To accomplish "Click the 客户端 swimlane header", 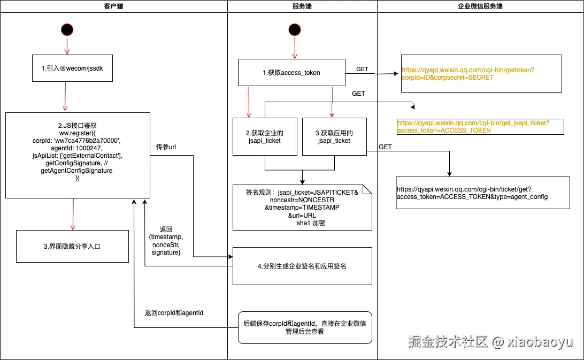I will click(113, 6).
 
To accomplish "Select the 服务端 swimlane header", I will click(302, 6).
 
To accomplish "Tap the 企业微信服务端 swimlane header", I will click(480, 6).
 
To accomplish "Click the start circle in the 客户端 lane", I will click(67, 30).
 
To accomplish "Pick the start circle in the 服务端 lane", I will click(294, 30).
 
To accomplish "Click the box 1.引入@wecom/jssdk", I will click(72, 68).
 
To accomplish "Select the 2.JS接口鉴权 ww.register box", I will click(78, 155).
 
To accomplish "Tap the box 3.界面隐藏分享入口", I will click(72, 246).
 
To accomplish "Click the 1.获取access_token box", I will click(291, 73).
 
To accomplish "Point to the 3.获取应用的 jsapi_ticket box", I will click(334, 136).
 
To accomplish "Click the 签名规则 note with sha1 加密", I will click(302, 207).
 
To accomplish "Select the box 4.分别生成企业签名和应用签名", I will click(302, 266).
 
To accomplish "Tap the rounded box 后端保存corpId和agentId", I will click(304, 327).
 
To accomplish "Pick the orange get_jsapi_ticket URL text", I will click(480, 126).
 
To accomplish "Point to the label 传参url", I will click(166, 147).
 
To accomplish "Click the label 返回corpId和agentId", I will click(174, 312).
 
